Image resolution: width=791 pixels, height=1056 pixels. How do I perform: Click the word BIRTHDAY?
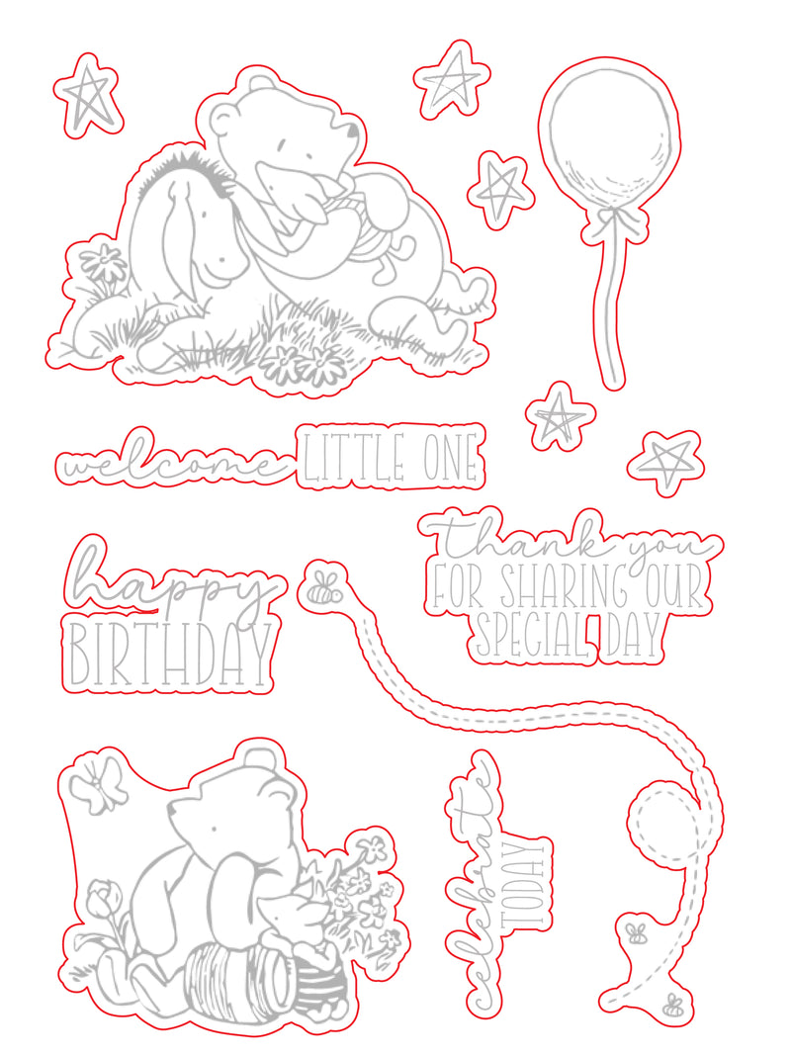pyautogui.click(x=168, y=654)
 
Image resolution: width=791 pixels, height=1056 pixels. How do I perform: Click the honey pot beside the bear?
pyautogui.click(x=242, y=977)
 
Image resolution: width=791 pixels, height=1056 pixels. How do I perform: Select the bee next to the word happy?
pyautogui.click(x=321, y=587)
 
